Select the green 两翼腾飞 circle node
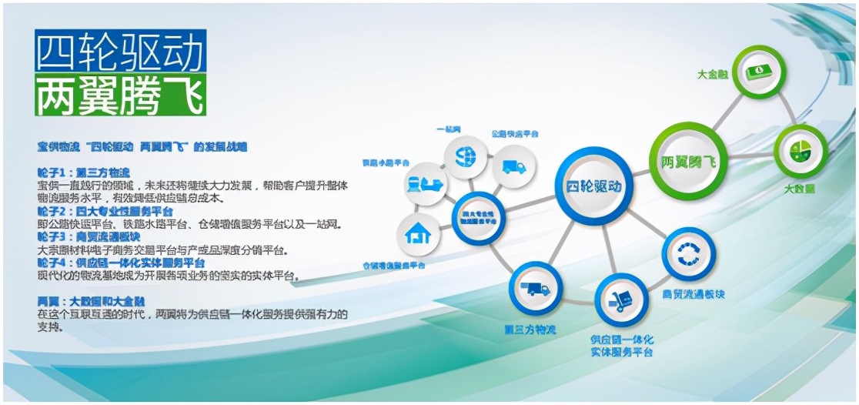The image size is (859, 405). (x=688, y=162)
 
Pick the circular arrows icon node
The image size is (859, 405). (x=688, y=253)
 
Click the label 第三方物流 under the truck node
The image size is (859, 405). (x=530, y=329)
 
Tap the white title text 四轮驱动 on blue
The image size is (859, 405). (x=120, y=53)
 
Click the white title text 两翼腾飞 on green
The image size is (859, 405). (x=120, y=94)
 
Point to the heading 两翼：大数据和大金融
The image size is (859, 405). (x=92, y=301)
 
